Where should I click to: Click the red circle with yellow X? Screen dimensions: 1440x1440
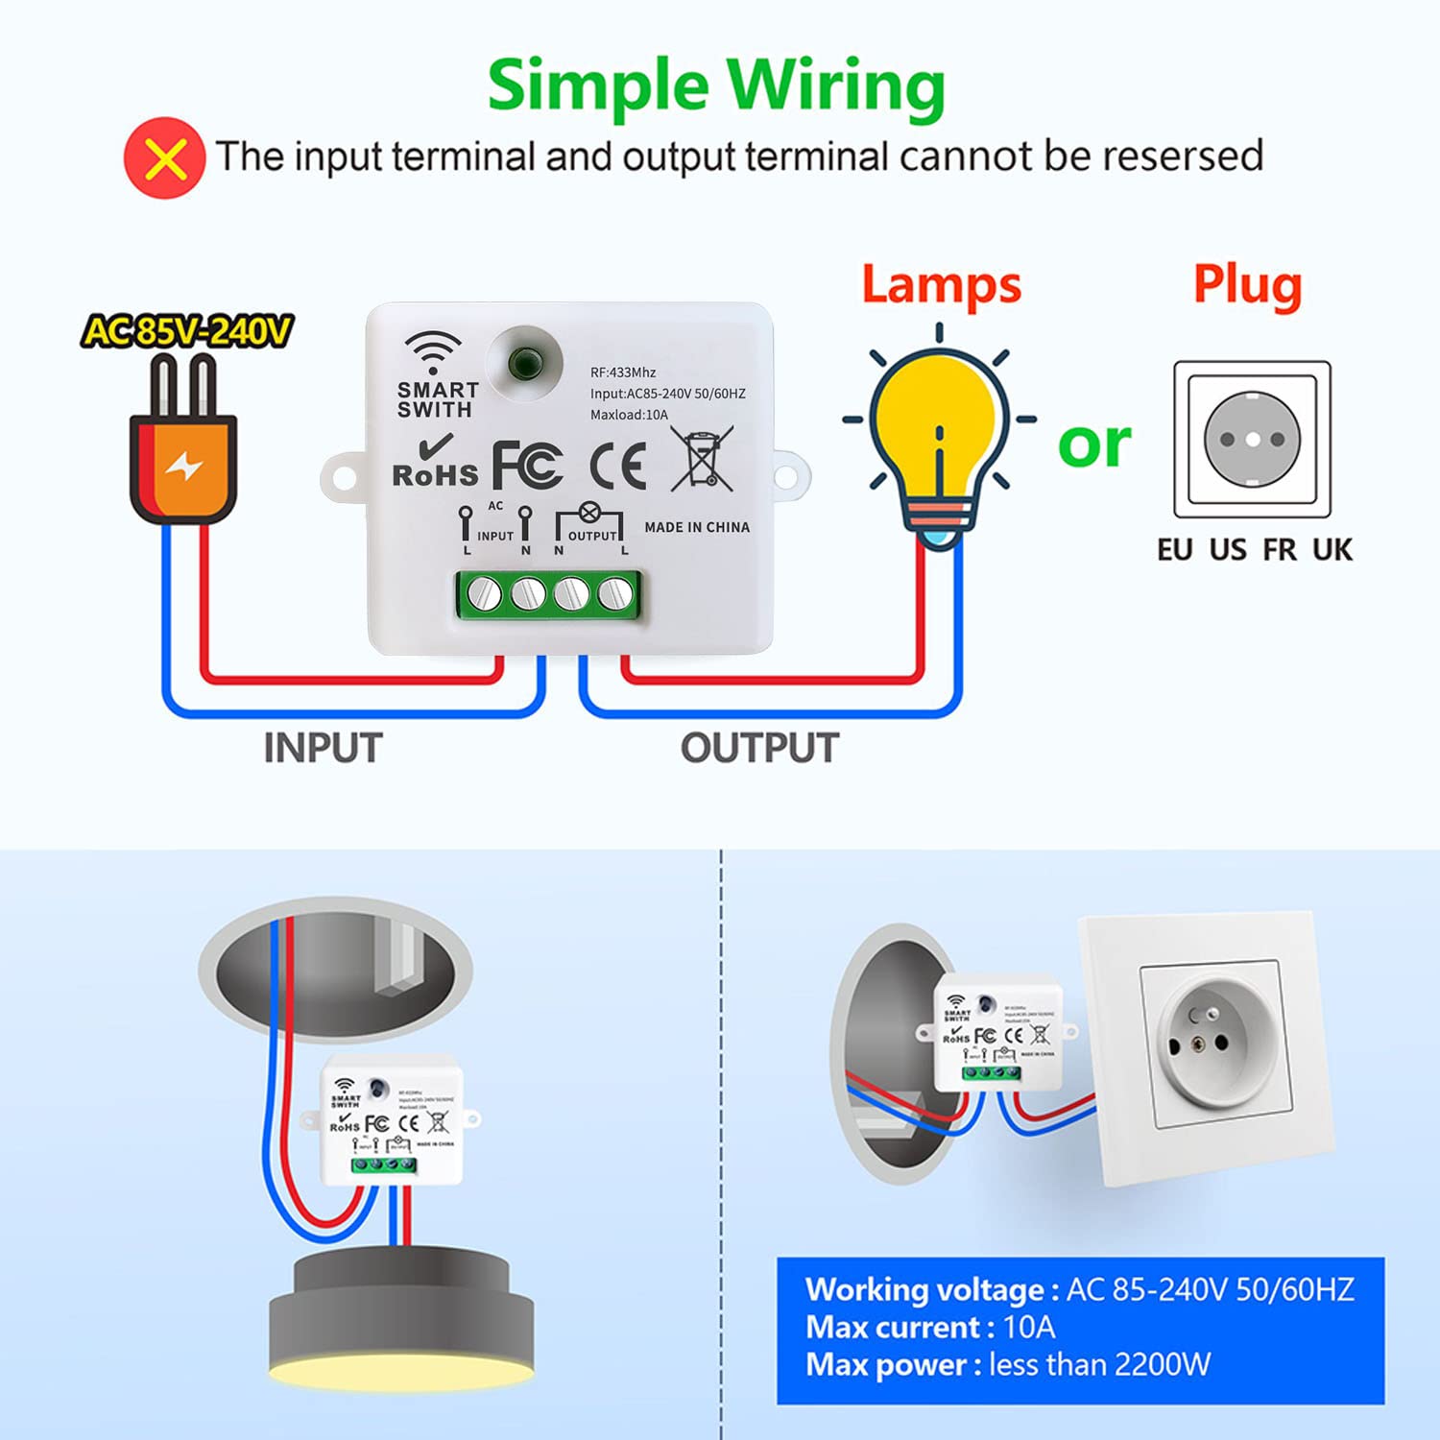tap(164, 158)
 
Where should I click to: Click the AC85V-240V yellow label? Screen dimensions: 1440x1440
tap(187, 331)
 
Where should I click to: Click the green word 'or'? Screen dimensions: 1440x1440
tap(1094, 444)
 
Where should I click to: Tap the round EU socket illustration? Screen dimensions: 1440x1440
tap(1252, 440)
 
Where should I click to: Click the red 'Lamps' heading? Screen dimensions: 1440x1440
tap(941, 285)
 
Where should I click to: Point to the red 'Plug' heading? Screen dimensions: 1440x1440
tap(1247, 285)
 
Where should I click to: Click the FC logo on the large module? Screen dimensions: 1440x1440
tap(527, 467)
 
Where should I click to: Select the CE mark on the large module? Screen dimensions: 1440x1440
tap(617, 467)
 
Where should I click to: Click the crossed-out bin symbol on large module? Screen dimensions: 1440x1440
tap(702, 459)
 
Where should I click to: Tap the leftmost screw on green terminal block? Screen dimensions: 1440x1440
tap(484, 595)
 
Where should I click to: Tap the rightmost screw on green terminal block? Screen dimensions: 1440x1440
tap(614, 595)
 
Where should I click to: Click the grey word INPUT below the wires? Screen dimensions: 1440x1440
tap(323, 748)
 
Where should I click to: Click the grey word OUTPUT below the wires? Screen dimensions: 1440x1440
tap(759, 748)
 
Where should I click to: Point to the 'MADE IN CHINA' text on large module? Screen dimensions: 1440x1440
tap(697, 527)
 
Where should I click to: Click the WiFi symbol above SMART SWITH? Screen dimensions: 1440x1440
tap(433, 352)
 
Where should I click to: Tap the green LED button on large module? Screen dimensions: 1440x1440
tap(524, 363)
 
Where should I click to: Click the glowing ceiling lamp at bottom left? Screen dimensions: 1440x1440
tap(401, 1320)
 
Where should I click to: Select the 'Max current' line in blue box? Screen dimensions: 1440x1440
tap(929, 1327)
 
